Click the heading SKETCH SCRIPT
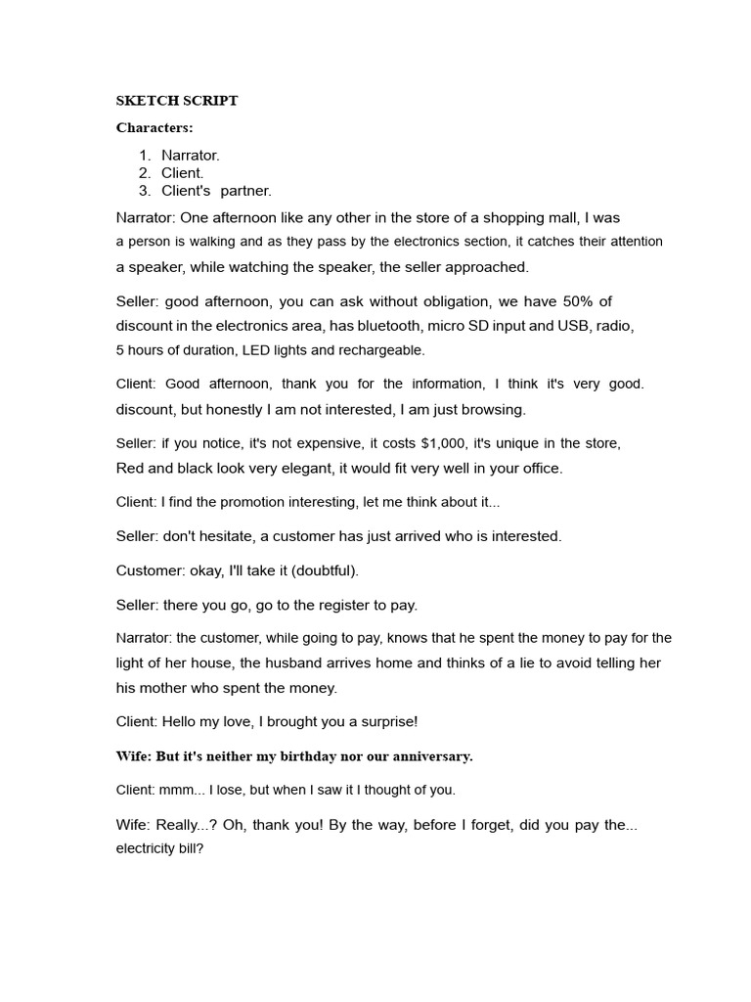point(177,101)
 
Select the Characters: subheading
point(155,127)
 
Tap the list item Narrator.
point(191,155)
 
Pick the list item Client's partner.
point(216,190)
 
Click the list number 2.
point(144,172)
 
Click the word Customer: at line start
point(147,569)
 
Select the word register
point(343,604)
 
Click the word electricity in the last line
point(147,849)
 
